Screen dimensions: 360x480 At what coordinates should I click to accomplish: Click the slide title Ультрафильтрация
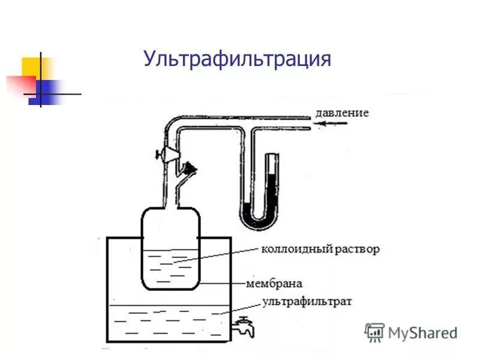pos(237,59)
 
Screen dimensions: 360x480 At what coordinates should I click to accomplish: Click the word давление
pos(341,112)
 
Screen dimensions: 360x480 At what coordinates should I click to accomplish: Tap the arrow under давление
pos(334,124)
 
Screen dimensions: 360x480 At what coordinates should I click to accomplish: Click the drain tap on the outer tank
pos(243,326)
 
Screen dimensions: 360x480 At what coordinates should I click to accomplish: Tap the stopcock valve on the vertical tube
pos(164,154)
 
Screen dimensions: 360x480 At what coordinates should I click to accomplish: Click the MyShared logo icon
pos(374,332)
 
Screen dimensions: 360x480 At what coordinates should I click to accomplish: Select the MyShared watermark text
pos(422,332)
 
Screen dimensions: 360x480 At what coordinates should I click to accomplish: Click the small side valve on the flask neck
pos(191,169)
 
